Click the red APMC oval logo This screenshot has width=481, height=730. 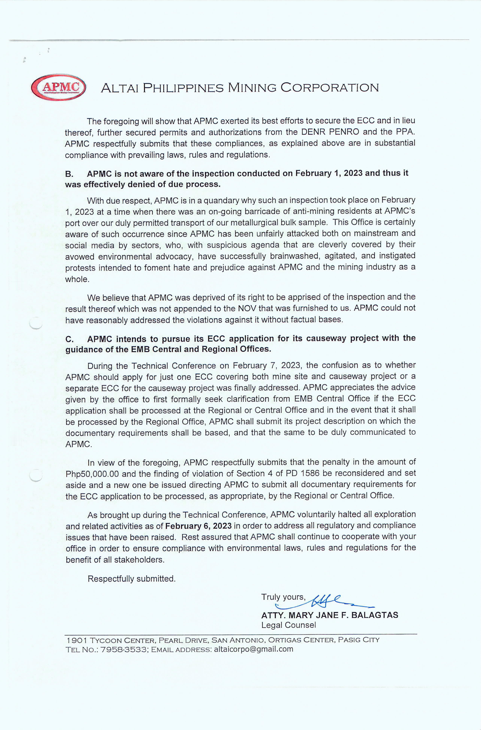tap(58, 87)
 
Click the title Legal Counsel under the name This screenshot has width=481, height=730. tap(288, 625)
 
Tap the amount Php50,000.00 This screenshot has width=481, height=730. tap(92, 474)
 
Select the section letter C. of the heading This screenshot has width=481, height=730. tap(69, 339)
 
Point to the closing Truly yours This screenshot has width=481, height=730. tap(283, 597)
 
